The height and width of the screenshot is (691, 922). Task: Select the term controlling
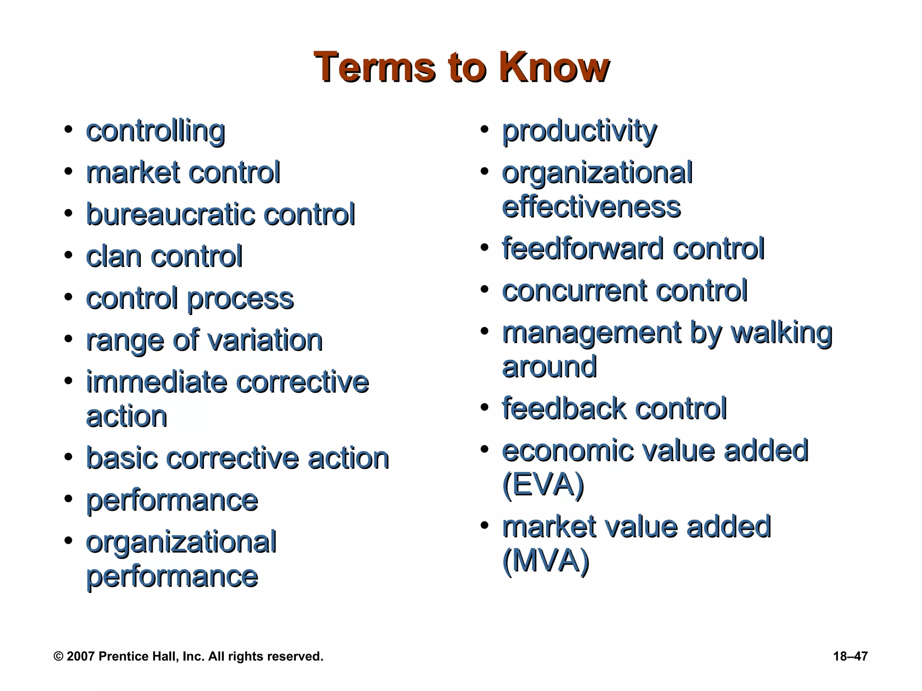coord(155,131)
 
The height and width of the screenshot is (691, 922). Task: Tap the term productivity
coord(579,131)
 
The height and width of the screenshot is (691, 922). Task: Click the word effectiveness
coord(591,207)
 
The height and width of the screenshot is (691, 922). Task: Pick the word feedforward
coord(583,248)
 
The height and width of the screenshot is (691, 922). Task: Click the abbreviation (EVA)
coord(542,485)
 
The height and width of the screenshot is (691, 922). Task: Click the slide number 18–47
coord(850,656)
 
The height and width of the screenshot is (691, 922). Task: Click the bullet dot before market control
coord(68,172)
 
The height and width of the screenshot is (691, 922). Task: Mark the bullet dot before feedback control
coord(484,408)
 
